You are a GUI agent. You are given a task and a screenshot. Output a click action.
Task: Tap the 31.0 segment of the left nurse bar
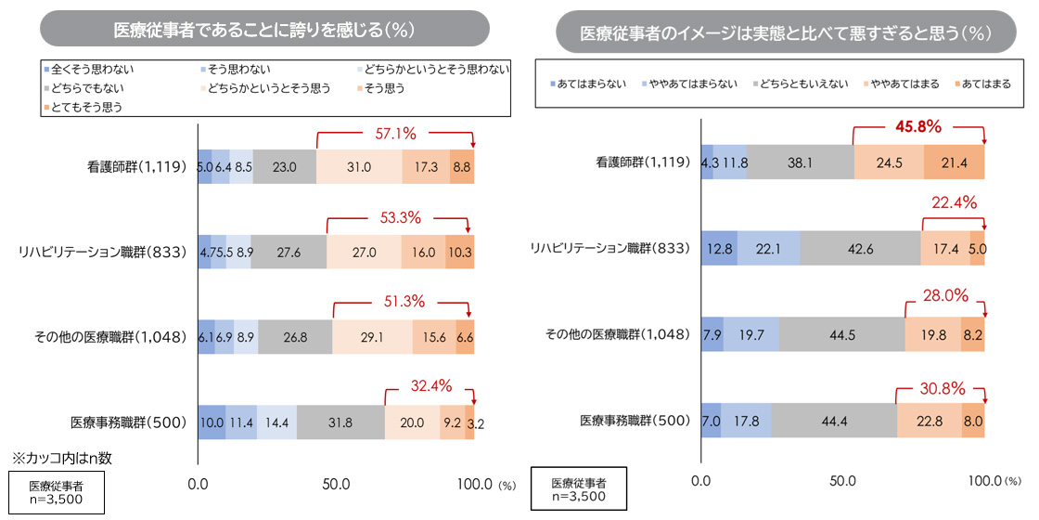[x=359, y=166]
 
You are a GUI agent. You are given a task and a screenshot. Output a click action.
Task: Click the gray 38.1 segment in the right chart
[x=800, y=162]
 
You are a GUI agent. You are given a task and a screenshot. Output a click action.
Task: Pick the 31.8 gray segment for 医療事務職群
[x=340, y=422]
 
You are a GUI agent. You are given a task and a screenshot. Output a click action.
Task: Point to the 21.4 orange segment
[x=954, y=162]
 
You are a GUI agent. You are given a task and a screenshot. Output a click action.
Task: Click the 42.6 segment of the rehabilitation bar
[x=860, y=248]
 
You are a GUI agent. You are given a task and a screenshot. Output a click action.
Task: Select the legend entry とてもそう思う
[x=86, y=107]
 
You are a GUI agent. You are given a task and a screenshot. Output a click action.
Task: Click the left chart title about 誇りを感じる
[x=263, y=29]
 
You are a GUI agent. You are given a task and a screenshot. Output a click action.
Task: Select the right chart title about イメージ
[x=785, y=33]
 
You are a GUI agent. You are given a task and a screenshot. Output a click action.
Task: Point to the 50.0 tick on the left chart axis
[x=336, y=484]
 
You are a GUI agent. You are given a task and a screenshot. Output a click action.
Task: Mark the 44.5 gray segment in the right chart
[x=841, y=334]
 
